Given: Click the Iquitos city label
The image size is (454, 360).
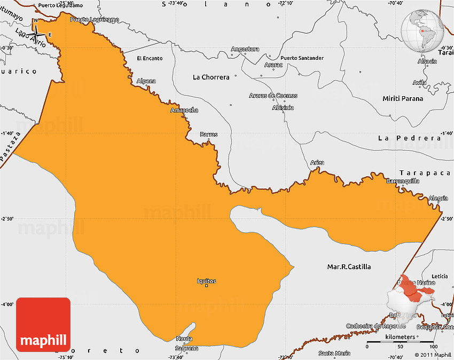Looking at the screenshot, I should [x=206, y=281].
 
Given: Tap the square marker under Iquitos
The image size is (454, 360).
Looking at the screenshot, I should [x=207, y=286].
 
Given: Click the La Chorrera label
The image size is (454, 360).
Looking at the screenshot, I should [x=211, y=77].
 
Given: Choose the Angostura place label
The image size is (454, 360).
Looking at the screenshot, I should [x=245, y=49].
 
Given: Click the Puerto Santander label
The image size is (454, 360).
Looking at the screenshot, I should [x=302, y=58].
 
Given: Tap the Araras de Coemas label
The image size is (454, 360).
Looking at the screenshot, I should [x=273, y=96].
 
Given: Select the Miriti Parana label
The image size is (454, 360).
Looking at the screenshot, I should [x=403, y=99].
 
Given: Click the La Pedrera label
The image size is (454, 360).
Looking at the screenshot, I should [x=409, y=138].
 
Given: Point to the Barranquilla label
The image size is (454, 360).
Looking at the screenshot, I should [x=403, y=181].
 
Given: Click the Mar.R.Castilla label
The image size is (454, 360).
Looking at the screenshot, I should [x=349, y=267].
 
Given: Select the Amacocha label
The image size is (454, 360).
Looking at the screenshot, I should [x=184, y=111].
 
